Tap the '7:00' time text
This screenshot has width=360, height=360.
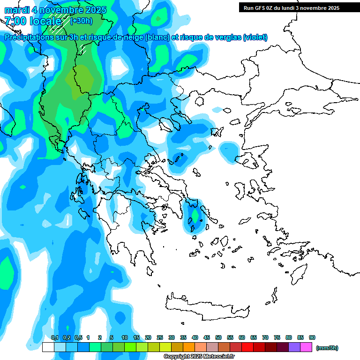coord(15,21)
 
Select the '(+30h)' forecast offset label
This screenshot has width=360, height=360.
coord(81,21)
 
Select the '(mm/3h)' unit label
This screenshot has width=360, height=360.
coord(327,348)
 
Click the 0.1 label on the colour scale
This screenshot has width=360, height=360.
coord(54,337)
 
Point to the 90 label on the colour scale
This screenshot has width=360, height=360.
coord(312,337)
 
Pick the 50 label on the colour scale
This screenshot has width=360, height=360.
coord(218,337)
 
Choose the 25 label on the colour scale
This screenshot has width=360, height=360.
coord(160,337)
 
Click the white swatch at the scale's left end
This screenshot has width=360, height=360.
coord(48,347)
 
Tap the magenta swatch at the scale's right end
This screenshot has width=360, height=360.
coord(306,347)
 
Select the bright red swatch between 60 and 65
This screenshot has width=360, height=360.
coord(247,347)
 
